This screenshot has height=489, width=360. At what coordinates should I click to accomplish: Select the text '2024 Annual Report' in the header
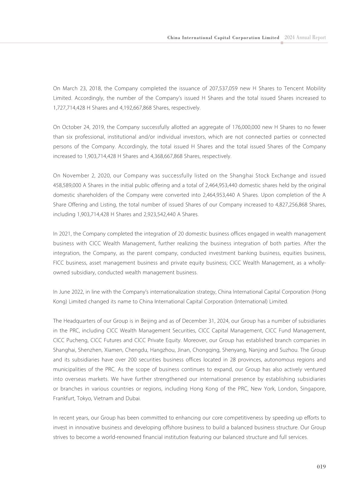click(305, 38)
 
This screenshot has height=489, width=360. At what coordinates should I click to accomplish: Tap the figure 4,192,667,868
click(136, 108)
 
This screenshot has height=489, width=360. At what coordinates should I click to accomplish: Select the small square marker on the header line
click(282, 43)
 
